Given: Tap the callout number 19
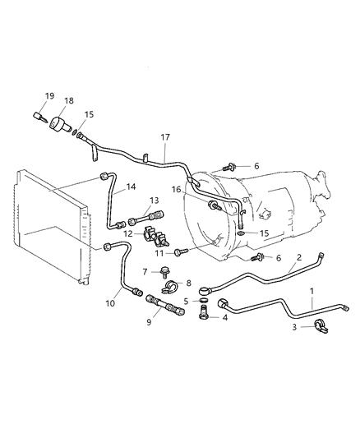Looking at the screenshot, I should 49,96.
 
